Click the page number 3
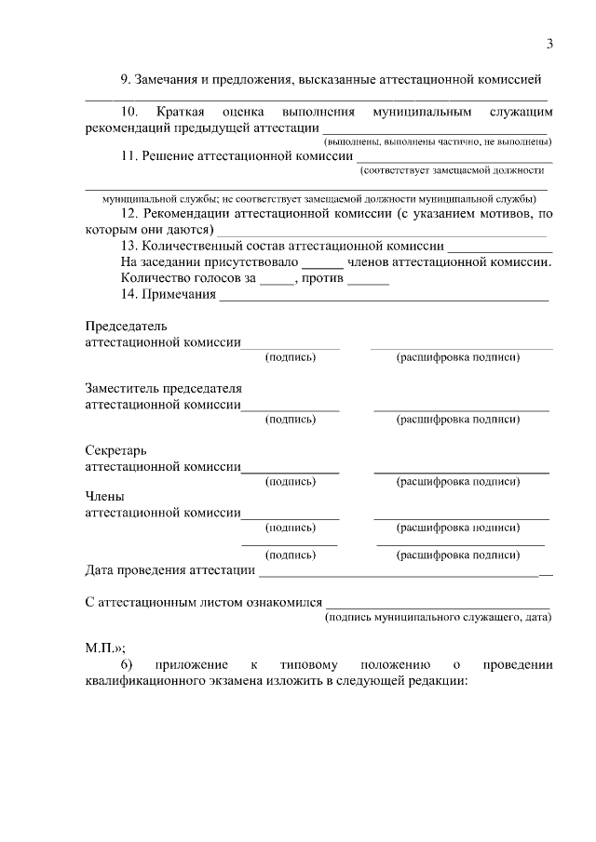coord(549,44)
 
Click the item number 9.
coord(126,82)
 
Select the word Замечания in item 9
coord(167,82)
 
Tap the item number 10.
coord(129,112)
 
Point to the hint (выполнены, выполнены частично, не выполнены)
coord(438,141)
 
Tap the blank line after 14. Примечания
coord(383,301)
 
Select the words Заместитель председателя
coord(163,388)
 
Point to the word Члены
coord(104,497)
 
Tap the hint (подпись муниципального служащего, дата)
coord(438,617)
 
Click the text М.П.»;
coord(104,647)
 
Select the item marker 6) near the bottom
coord(127,664)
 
